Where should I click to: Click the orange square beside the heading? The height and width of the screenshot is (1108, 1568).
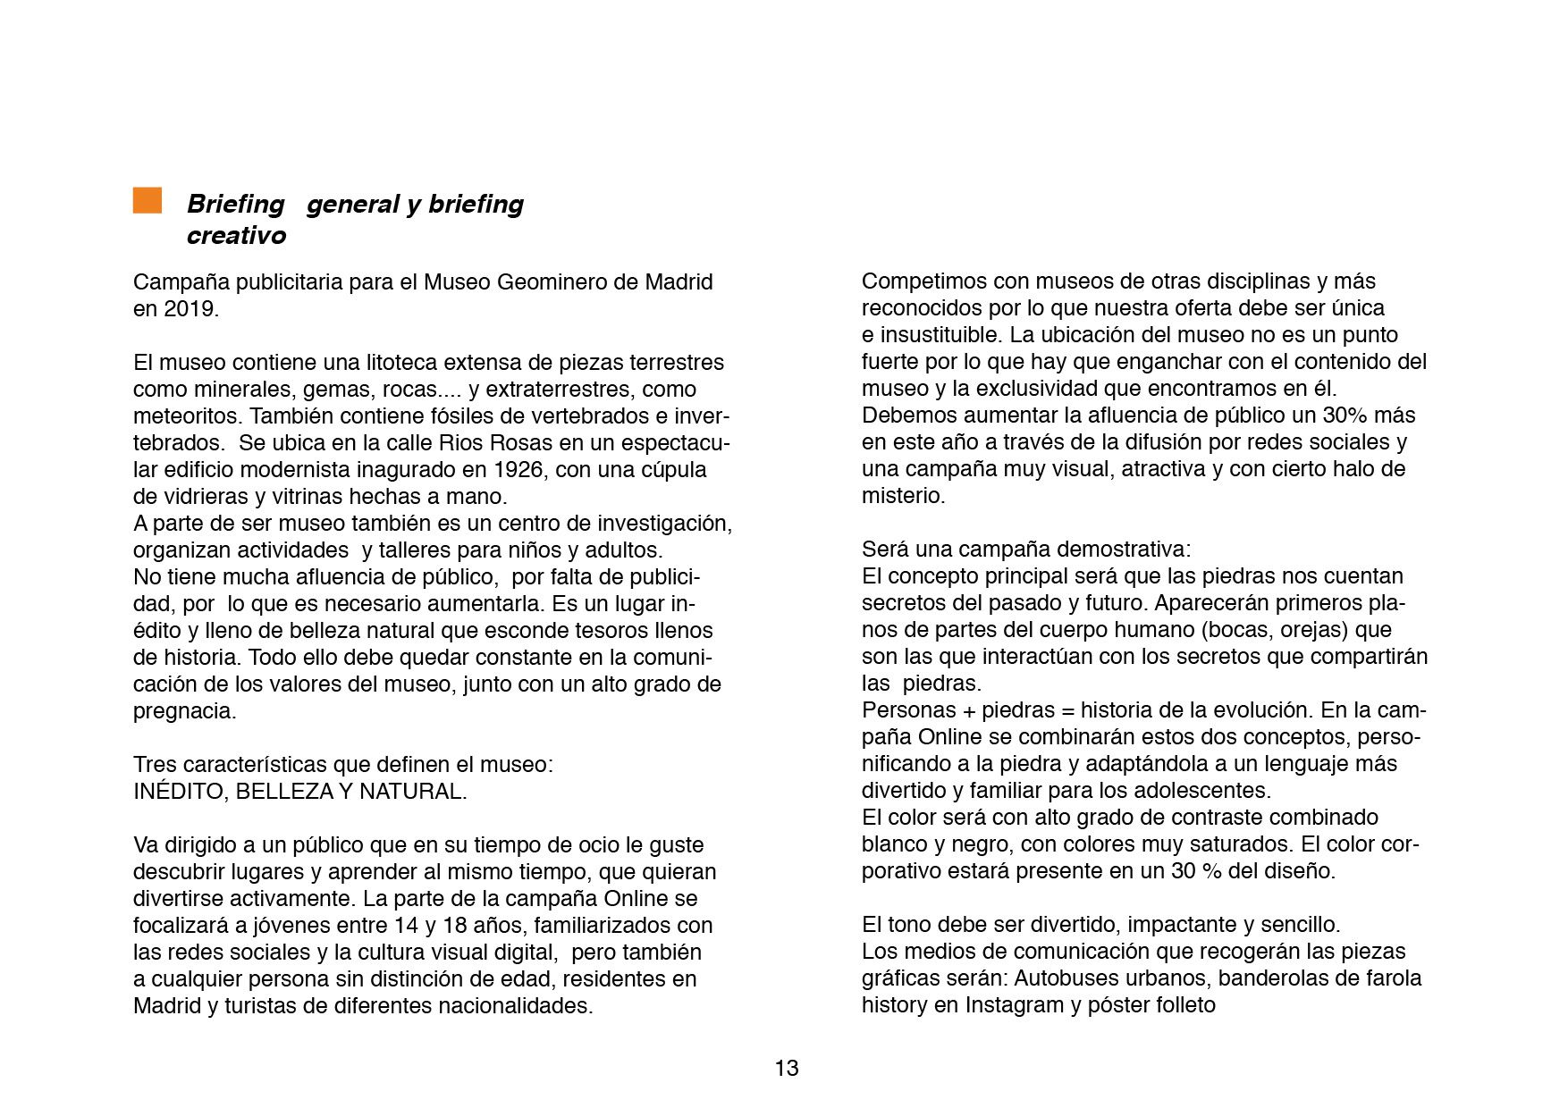tap(148, 201)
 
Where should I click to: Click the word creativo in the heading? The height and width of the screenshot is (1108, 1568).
tap(236, 235)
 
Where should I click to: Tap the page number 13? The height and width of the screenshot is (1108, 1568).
tap(787, 1068)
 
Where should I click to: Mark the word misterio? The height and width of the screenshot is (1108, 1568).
tap(902, 496)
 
